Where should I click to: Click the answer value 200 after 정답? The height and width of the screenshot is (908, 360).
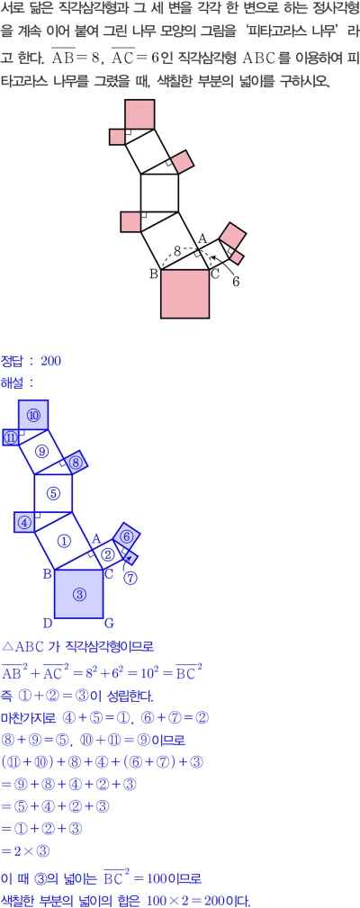tap(51, 362)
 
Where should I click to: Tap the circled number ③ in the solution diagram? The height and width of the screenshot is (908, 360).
tap(80, 594)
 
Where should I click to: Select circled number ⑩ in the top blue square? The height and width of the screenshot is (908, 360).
tap(33, 415)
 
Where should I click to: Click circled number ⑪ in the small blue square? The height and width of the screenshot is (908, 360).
tap(11, 438)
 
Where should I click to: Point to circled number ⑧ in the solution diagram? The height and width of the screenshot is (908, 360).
tap(76, 463)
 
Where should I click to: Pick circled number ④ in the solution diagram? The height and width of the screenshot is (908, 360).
tap(24, 522)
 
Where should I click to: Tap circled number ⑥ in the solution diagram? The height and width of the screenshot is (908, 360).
tap(127, 536)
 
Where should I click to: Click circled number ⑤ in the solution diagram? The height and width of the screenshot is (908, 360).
tap(53, 493)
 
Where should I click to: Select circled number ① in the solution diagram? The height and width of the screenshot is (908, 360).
tap(64, 541)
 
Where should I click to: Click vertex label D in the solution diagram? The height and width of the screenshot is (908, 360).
tap(48, 624)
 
